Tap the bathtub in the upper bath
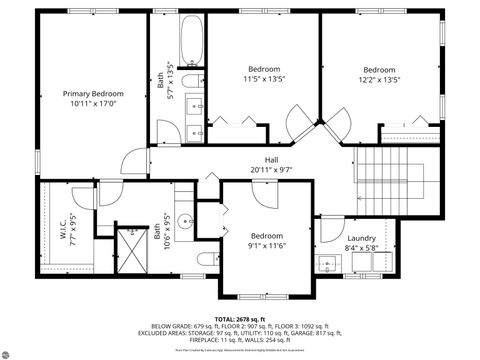point(191,44)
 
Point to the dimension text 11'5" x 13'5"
point(264,79)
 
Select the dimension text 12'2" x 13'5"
point(379,79)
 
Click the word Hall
point(271,159)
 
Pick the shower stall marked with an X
point(130,247)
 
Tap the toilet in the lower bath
point(205,259)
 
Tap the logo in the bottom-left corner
point(11,350)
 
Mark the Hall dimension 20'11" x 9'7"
point(271,169)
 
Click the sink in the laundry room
point(327,264)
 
